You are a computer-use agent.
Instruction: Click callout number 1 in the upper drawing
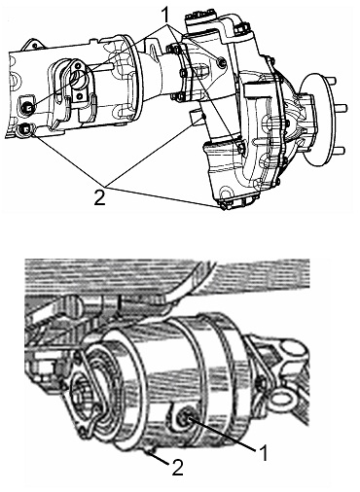[165, 14]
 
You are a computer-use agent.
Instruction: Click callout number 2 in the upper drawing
[99, 196]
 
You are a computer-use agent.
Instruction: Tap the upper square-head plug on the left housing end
[27, 106]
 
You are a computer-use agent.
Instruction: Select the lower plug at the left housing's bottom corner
[24, 130]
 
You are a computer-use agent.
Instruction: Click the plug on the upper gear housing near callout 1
[222, 62]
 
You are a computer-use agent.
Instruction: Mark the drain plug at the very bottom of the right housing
[224, 205]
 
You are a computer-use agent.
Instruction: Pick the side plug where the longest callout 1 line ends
[240, 148]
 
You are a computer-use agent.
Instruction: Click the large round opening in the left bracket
[79, 77]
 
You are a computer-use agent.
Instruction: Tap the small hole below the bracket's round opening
[78, 95]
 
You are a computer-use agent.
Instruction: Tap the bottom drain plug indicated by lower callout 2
[151, 449]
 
